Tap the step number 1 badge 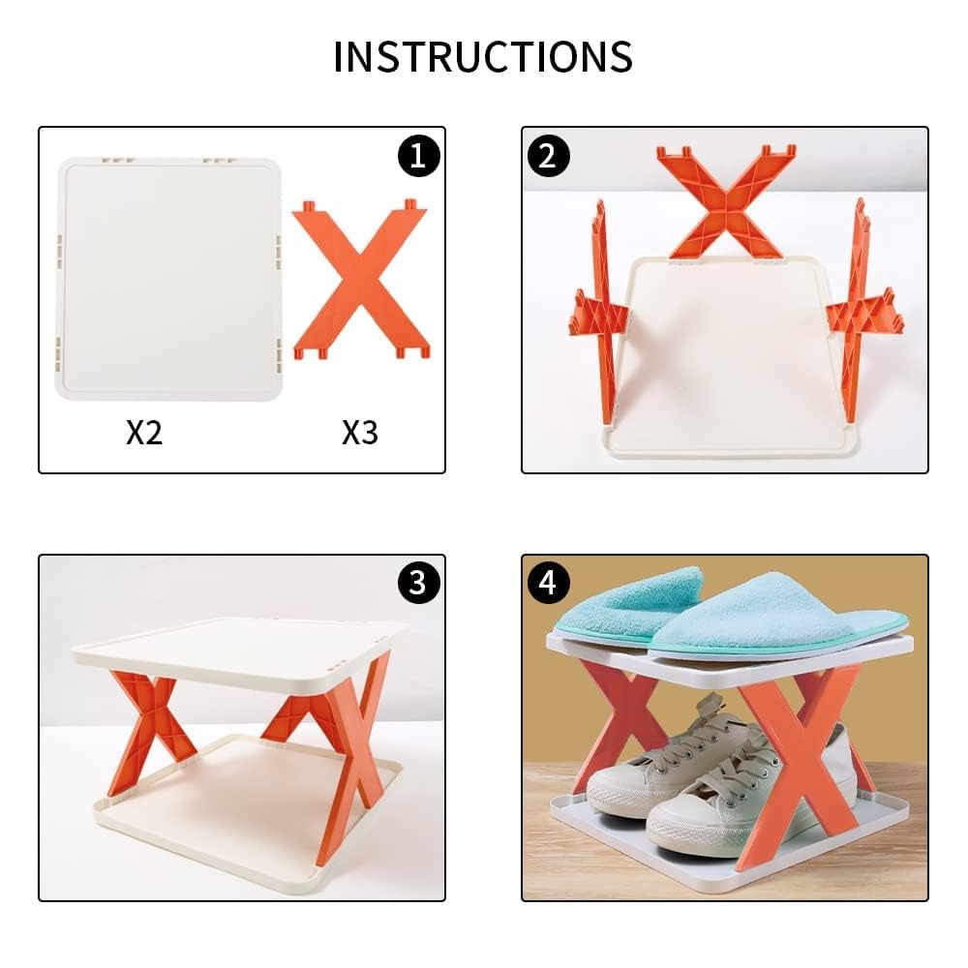417,155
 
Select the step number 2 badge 549,155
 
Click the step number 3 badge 417,582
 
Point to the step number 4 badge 549,582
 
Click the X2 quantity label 144,433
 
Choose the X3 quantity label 359,433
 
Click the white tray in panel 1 169,276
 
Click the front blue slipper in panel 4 774,615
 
